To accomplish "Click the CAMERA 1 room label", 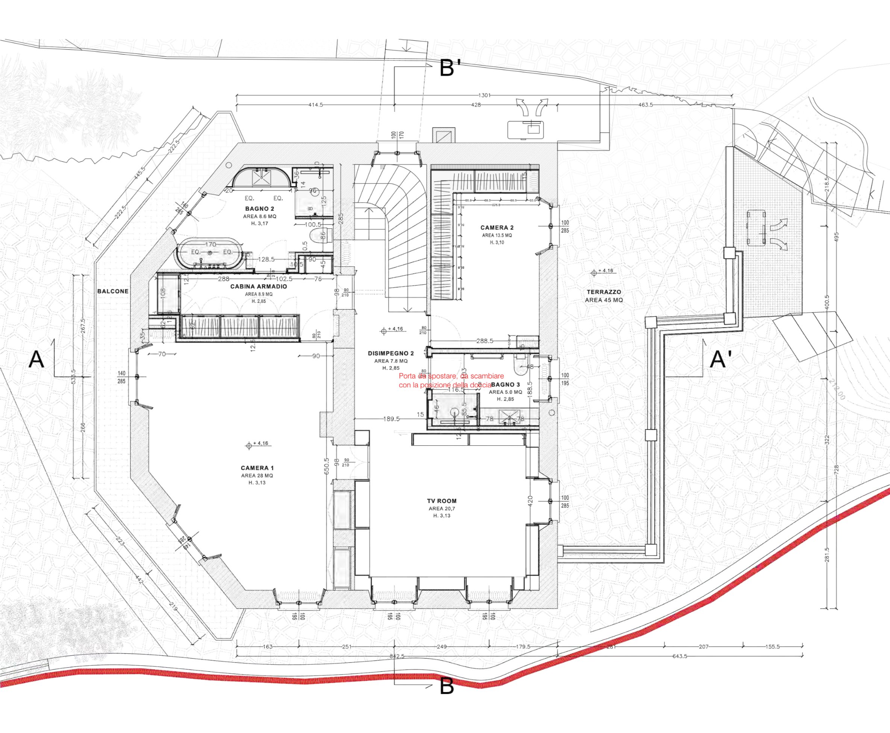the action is pyautogui.click(x=257, y=468).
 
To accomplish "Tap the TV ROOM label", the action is pyautogui.click(x=441, y=501).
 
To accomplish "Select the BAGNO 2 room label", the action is pyautogui.click(x=260, y=209).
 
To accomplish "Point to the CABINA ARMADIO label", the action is pyautogui.click(x=258, y=286).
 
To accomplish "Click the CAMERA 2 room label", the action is pyautogui.click(x=497, y=228).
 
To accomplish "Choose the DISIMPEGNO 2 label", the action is pyautogui.click(x=391, y=354).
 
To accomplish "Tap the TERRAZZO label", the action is pyautogui.click(x=604, y=292).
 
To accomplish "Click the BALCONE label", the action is pyautogui.click(x=113, y=291).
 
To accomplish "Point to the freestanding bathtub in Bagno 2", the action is pyautogui.click(x=210, y=253).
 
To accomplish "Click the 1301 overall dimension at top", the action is pyautogui.click(x=484, y=96).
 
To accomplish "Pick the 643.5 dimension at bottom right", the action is pyautogui.click(x=680, y=656).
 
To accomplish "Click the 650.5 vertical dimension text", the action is pyautogui.click(x=326, y=466).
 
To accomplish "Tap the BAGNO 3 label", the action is pyautogui.click(x=506, y=385).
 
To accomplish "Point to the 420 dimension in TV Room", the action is pyautogui.click(x=530, y=501).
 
